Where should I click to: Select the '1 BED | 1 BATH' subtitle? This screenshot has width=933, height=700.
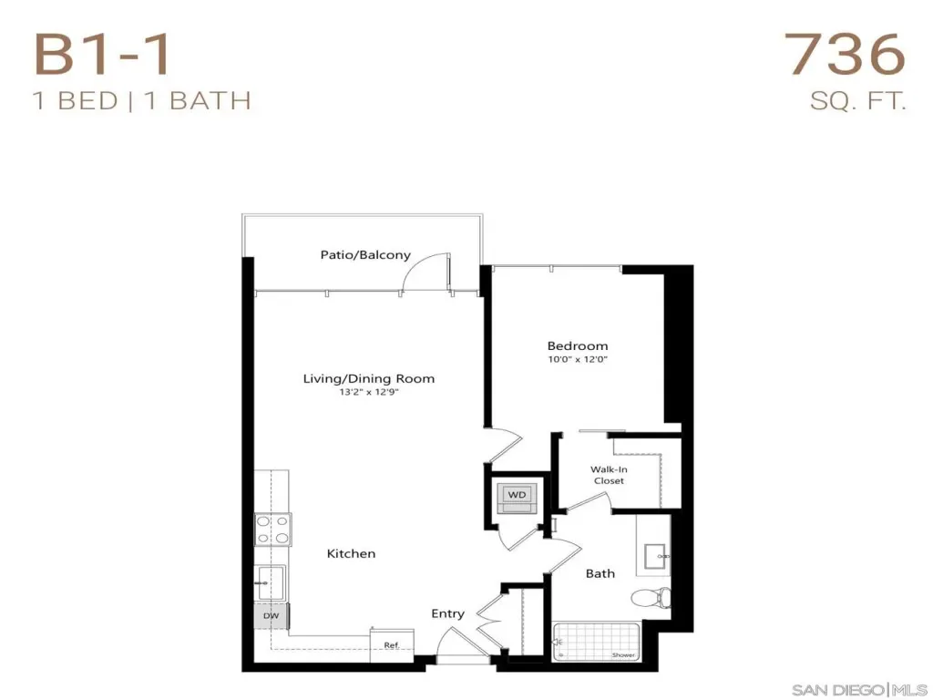pyautogui.click(x=142, y=100)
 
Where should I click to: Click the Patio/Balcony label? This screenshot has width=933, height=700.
pyautogui.click(x=365, y=255)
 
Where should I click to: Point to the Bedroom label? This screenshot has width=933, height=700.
pyautogui.click(x=577, y=345)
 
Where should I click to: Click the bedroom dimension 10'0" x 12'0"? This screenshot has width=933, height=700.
pyautogui.click(x=577, y=359)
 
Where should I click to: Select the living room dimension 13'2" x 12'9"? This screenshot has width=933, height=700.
pyautogui.click(x=369, y=392)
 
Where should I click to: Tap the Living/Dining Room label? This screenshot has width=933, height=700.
pyautogui.click(x=369, y=378)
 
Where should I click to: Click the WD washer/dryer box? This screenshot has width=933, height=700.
pyautogui.click(x=518, y=495)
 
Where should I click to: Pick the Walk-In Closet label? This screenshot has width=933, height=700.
pyautogui.click(x=609, y=475)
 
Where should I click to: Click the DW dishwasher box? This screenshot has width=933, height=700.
pyautogui.click(x=271, y=616)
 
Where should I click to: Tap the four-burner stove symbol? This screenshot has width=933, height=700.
pyautogui.click(x=272, y=530)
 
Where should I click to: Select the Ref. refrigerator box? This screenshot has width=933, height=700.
pyautogui.click(x=392, y=644)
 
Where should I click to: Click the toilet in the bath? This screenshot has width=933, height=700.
pyautogui.click(x=651, y=597)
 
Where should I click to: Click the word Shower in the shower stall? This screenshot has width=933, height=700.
pyautogui.click(x=623, y=654)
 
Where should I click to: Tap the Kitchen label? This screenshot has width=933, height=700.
pyautogui.click(x=351, y=553)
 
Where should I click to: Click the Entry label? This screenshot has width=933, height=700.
pyautogui.click(x=447, y=613)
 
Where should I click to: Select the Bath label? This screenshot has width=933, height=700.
pyautogui.click(x=600, y=573)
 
